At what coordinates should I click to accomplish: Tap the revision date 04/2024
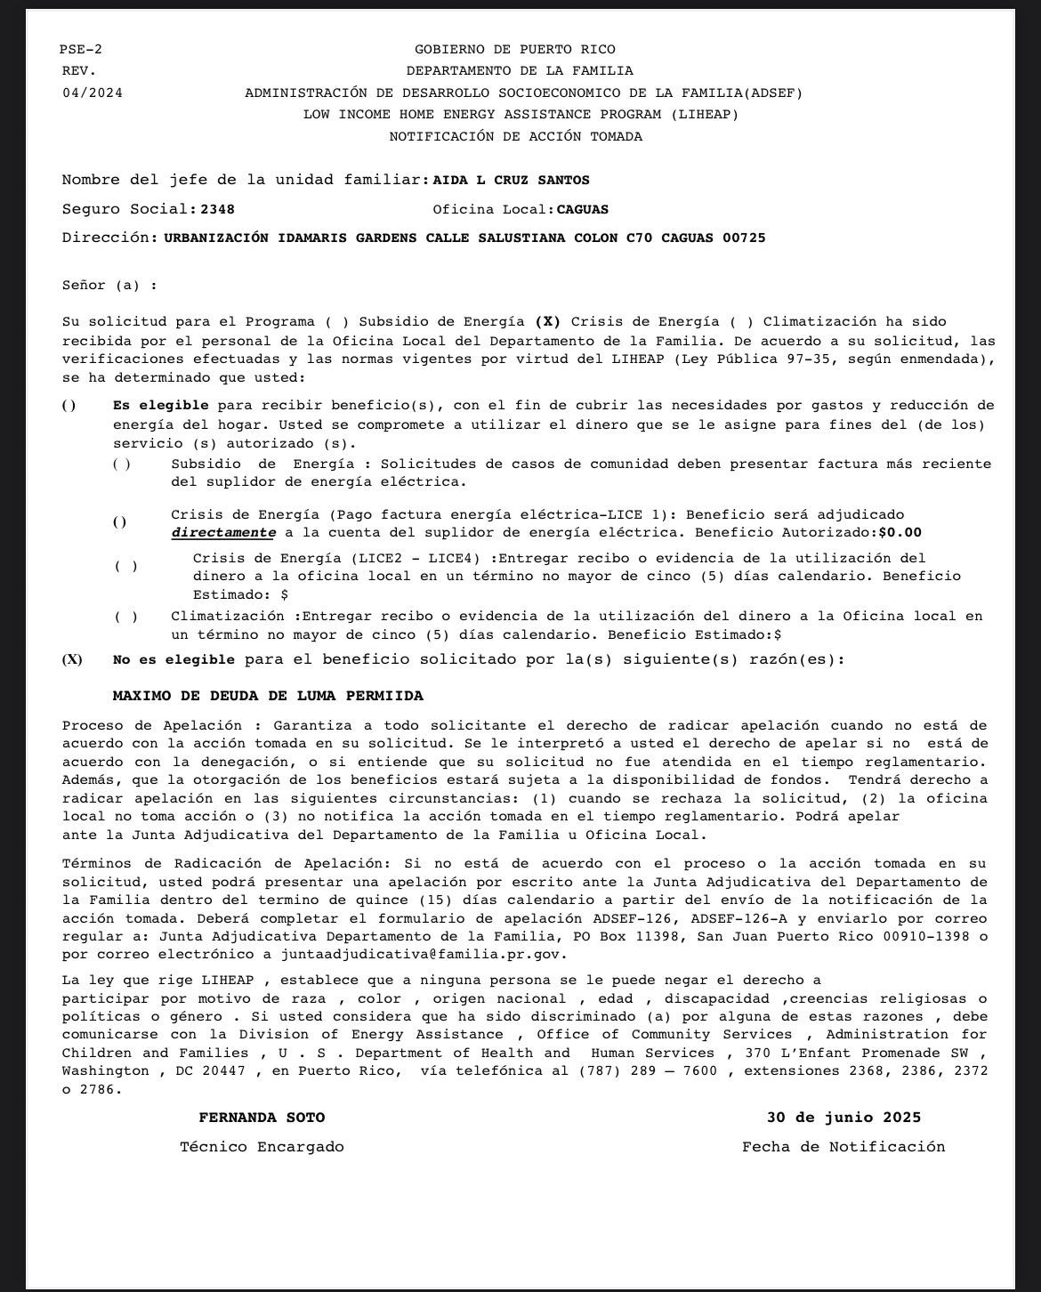93,93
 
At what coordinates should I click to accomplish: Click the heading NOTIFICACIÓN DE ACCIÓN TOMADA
515,136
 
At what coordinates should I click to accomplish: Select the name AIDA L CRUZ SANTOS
511,181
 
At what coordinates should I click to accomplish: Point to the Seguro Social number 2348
218,210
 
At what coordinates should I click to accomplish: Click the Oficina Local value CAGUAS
583,210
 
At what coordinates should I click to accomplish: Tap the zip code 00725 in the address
744,238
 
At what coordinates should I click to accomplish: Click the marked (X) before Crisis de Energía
548,322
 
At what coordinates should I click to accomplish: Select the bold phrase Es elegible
161,406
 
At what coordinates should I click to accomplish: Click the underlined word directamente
223,533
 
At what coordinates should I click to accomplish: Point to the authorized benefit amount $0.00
900,533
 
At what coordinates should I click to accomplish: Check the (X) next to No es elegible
72,660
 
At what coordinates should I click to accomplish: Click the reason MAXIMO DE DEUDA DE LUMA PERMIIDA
268,696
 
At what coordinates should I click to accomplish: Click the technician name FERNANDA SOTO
262,1118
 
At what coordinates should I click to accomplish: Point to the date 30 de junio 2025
843,1118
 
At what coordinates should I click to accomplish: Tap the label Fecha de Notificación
843,1147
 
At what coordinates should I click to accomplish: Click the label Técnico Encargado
262,1147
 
